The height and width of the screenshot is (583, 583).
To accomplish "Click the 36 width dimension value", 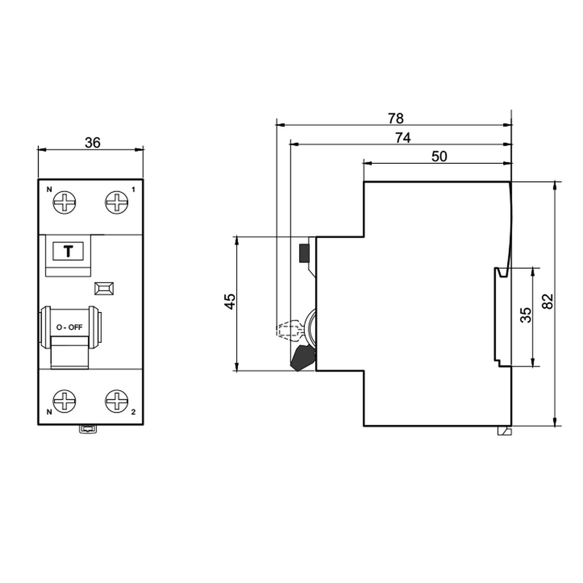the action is pyautogui.click(x=93, y=142).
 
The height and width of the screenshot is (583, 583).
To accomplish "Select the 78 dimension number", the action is pyautogui.click(x=396, y=118).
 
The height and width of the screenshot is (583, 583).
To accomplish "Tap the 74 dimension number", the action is pyautogui.click(x=403, y=138).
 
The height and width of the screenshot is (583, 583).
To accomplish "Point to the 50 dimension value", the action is pyautogui.click(x=439, y=156).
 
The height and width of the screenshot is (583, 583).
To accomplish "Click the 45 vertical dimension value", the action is pyautogui.click(x=230, y=301).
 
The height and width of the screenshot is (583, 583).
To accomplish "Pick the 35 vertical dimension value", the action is pyautogui.click(x=526, y=315).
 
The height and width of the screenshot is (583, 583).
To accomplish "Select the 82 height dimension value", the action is pyautogui.click(x=548, y=301).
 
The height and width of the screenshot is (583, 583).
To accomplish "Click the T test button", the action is pyautogui.click(x=68, y=251).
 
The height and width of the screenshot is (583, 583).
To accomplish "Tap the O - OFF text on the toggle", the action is pyautogui.click(x=69, y=328).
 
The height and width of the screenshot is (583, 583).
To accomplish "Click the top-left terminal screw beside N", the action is pyautogui.click(x=64, y=203).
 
